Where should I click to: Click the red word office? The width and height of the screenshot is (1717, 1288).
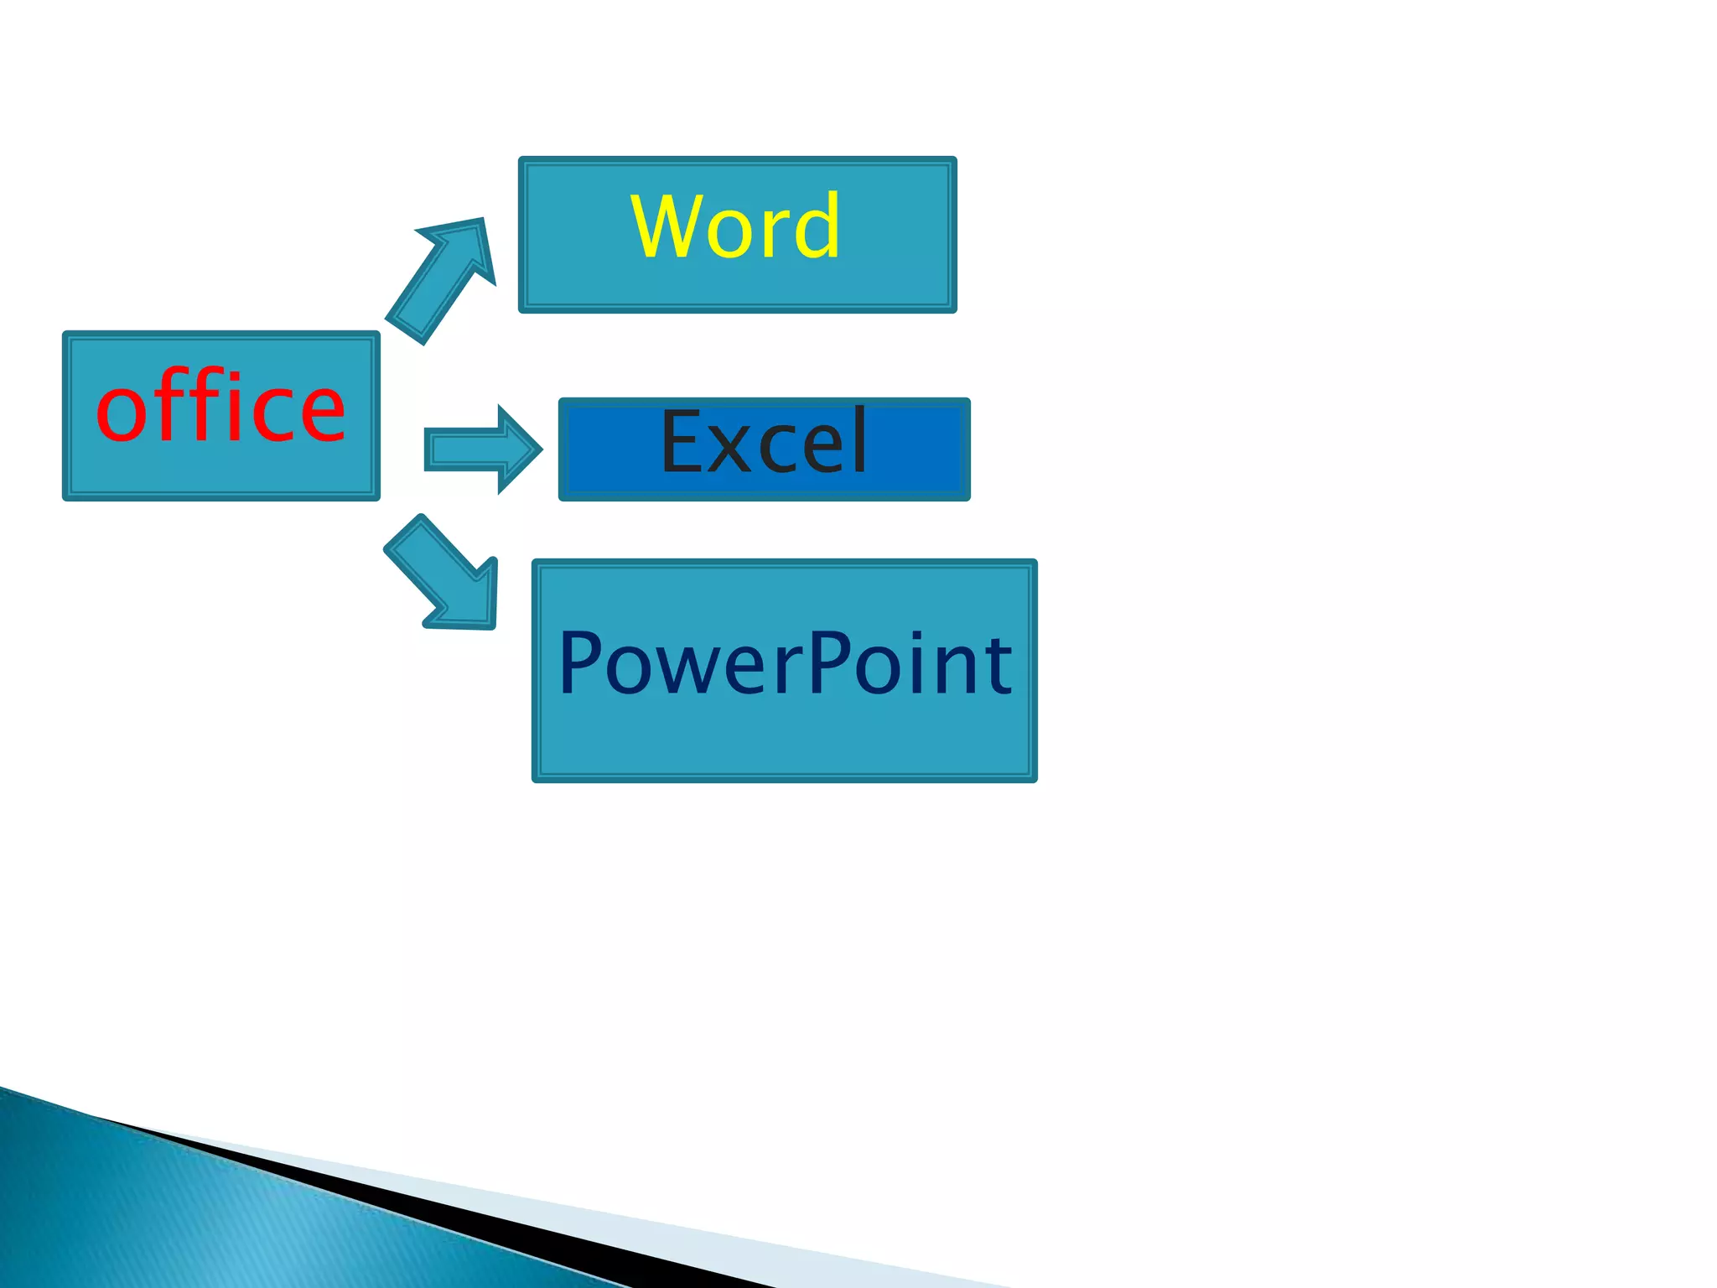click(x=220, y=408)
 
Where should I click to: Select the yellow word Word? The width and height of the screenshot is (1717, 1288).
click(x=735, y=226)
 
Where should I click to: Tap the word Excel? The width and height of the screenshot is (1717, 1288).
click(x=764, y=442)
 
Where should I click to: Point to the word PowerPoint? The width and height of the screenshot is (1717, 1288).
click(x=785, y=664)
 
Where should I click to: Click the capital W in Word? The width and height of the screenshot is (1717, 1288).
click(x=668, y=226)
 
